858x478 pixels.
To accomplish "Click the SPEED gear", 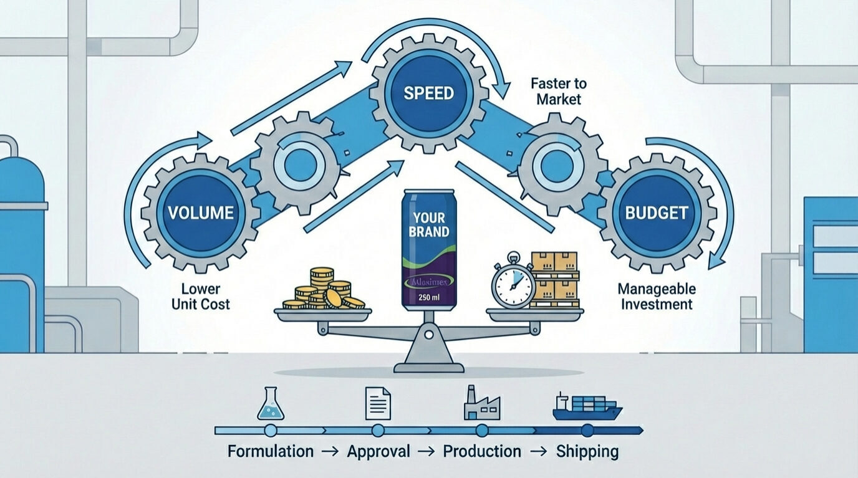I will pos(428,93).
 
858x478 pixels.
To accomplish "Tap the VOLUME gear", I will pos(200,213).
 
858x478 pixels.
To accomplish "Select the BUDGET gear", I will pos(657,213).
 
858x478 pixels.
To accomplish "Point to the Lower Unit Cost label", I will pos(205,297).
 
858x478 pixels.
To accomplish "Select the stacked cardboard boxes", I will pos(554,280).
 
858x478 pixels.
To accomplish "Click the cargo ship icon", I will pos(587,406).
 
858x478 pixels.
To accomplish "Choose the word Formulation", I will pos(271,451).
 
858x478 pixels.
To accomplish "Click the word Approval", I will pos(379,451).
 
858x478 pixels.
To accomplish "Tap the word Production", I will pos(482,451).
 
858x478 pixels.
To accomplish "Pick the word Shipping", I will pos(587,451).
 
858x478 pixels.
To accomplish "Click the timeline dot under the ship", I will pos(587,430).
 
